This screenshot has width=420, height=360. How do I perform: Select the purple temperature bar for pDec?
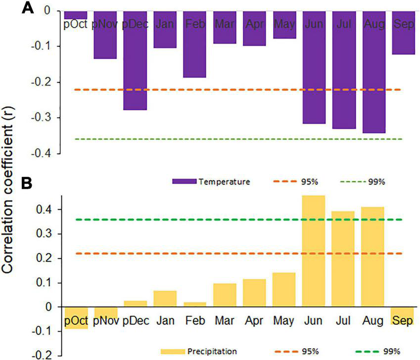[x=135, y=60]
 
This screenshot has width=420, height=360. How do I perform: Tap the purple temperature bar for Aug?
[x=373, y=72]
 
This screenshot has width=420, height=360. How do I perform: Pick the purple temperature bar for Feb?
[x=194, y=44]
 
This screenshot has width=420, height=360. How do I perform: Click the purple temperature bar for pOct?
[x=76, y=15]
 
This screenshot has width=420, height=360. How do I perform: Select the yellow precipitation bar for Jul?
[x=343, y=259]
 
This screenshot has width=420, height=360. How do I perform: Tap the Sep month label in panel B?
[x=403, y=321]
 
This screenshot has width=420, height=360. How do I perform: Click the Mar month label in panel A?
[x=224, y=24]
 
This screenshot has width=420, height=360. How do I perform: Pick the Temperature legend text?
[x=224, y=182]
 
